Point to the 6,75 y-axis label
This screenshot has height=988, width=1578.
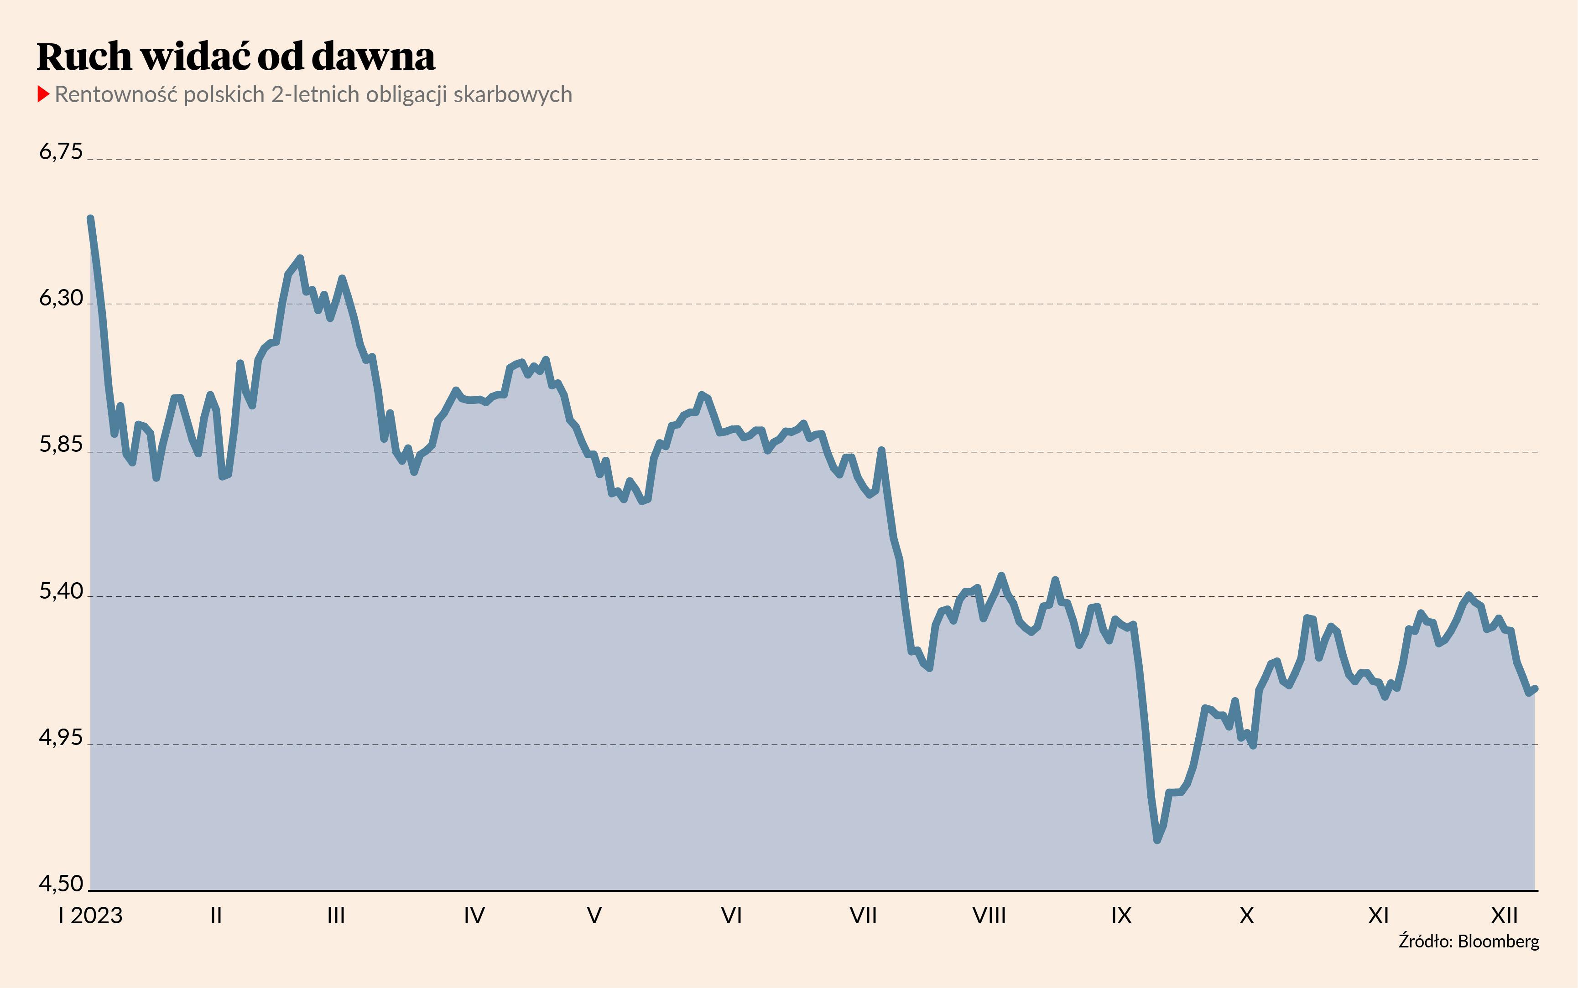pos(61,152)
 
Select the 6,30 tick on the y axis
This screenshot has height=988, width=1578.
pos(61,298)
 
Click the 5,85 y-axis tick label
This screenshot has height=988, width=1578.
pos(61,445)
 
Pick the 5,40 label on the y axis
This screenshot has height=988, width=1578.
pos(61,591)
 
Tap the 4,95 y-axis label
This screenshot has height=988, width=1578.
pos(61,737)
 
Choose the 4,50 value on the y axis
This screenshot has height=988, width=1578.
pos(61,884)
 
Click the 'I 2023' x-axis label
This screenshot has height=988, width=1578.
pos(90,916)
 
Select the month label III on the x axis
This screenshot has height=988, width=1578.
pos(336,916)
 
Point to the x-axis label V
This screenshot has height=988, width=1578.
pos(594,916)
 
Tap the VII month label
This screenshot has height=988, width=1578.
pos(863,916)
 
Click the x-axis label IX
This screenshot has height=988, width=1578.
pos(1121,916)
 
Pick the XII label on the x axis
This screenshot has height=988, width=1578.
pos(1504,916)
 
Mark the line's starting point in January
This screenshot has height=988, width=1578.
pos(90,218)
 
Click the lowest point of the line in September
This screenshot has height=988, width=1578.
pos(1157,840)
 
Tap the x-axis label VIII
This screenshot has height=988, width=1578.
pos(989,916)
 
